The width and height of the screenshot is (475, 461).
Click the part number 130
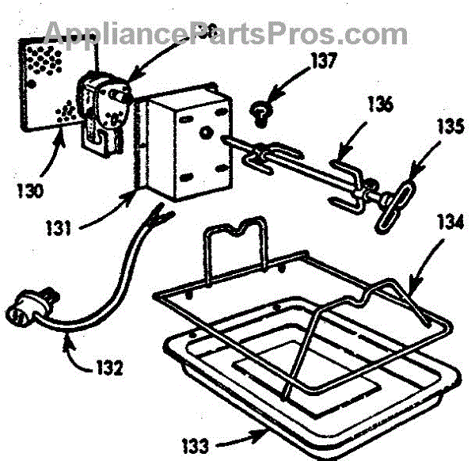coord(28,192)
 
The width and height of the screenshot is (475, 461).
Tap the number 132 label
coord(111,368)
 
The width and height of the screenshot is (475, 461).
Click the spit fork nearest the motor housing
coord(262,157)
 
